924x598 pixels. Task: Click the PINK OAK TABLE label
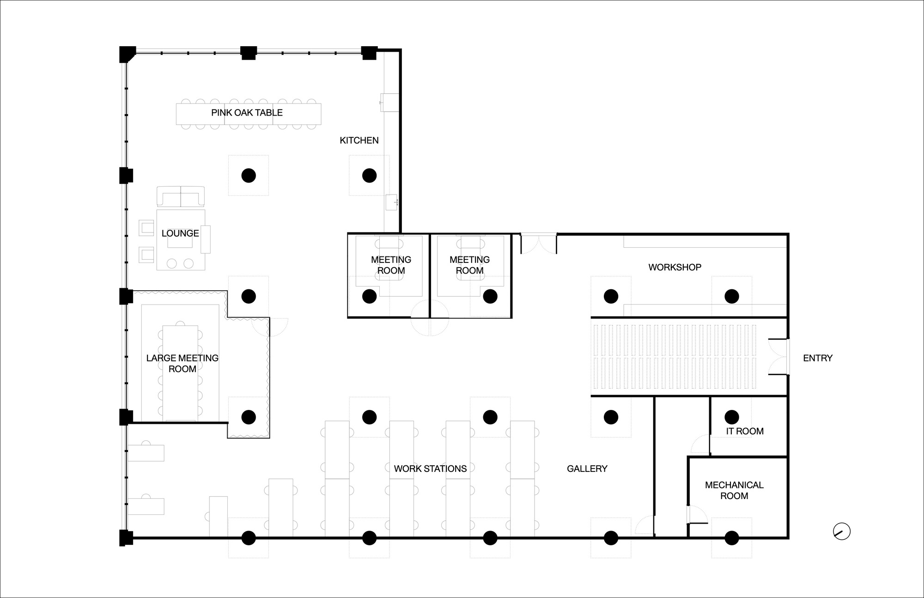click(x=247, y=112)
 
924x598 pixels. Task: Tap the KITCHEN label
click(x=359, y=140)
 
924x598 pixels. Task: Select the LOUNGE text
click(x=180, y=233)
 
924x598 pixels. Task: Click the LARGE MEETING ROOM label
click(x=182, y=363)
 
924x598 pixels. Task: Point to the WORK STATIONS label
click(x=430, y=469)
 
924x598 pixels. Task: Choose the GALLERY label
click(x=587, y=469)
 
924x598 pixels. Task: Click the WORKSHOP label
click(x=675, y=267)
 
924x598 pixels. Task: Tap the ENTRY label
click(x=818, y=358)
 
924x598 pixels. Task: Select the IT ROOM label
click(x=745, y=431)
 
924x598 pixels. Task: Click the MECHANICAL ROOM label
click(x=734, y=490)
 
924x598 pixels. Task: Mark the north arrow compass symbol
click(x=842, y=531)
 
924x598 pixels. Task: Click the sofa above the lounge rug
click(x=181, y=196)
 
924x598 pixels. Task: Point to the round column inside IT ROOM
click(x=731, y=417)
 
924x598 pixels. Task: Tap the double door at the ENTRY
click(x=779, y=357)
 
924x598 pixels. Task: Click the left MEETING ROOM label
click(x=391, y=265)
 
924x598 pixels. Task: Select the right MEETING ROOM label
click(x=469, y=265)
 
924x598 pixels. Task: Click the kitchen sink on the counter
click(x=392, y=202)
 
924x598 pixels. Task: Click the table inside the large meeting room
click(x=180, y=373)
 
